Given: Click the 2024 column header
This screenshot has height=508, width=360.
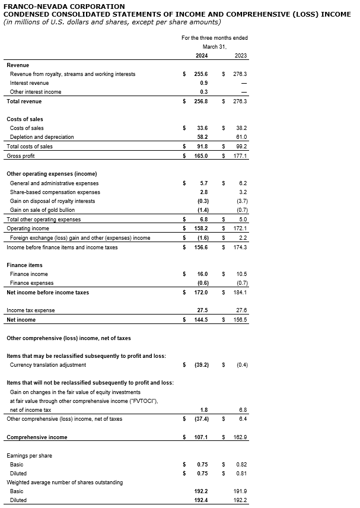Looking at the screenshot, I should tap(202, 55).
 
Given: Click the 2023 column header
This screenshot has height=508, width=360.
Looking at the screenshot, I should tap(241, 55).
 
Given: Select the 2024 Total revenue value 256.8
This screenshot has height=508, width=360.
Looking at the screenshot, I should tap(202, 101).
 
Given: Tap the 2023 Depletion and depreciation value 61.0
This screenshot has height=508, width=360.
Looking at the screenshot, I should tap(241, 137).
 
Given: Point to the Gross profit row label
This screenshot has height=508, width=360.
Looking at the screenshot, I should tap(21, 155).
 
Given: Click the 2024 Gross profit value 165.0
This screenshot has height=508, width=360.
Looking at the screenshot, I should tap(202, 155).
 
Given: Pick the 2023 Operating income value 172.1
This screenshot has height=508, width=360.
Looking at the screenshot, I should tap(240, 228).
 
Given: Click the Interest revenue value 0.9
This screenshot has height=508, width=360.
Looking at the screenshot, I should tap(203, 83).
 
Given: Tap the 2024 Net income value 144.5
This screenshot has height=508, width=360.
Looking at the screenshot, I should tap(202, 320).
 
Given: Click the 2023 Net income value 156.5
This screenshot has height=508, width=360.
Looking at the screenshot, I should tap(240, 320).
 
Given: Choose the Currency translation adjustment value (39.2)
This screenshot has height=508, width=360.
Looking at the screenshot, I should tap(202, 365).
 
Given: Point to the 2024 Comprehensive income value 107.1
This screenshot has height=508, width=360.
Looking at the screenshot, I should tap(202, 437).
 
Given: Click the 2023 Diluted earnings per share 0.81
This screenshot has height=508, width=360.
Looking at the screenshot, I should tap(241, 473).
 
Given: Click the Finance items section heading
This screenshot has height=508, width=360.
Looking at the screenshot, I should tap(24, 265).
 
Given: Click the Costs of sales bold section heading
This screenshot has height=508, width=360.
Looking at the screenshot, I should tap(25, 119).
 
